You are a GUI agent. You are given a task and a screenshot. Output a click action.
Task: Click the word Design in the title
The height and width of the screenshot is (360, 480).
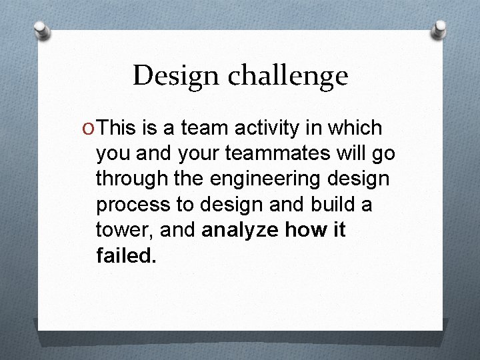[173, 76]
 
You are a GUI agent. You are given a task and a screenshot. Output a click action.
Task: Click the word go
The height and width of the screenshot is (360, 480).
[383, 155]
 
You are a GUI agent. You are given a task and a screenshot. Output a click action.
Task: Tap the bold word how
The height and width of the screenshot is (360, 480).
[304, 231]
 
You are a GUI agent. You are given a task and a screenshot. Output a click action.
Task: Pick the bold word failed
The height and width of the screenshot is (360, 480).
[126, 256]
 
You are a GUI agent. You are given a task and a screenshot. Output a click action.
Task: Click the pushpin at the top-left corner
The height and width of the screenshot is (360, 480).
[41, 29]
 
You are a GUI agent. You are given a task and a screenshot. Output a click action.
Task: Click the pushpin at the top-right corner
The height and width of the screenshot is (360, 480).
[439, 28]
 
